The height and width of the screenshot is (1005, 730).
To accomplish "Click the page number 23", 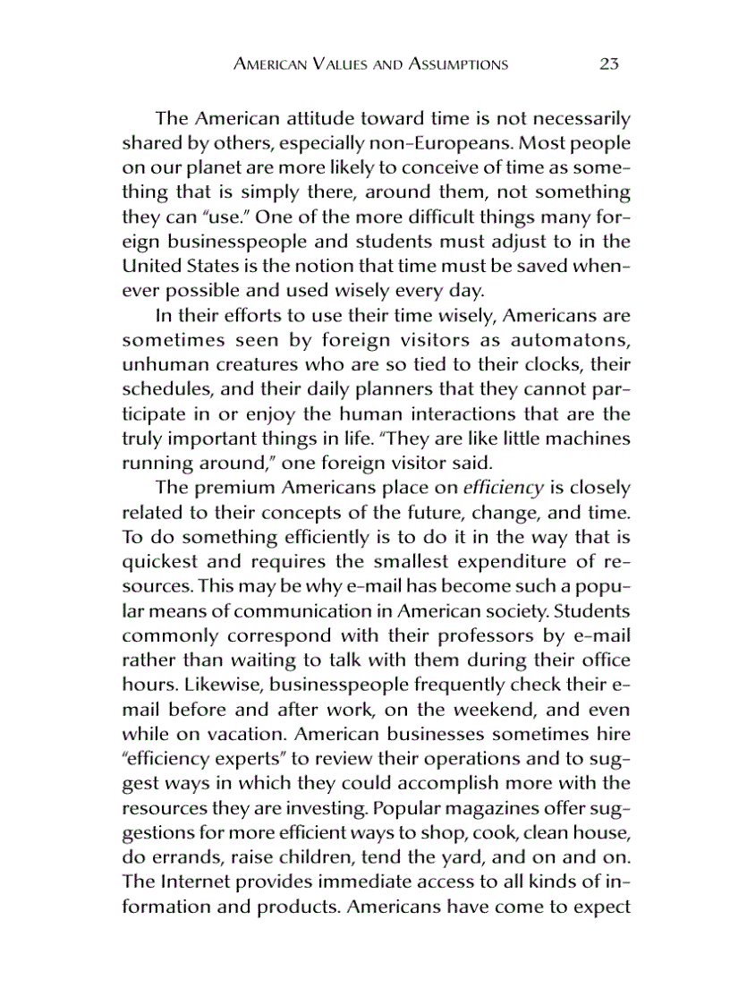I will point(609,64).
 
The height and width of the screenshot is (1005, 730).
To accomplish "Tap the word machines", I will point(587,439).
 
